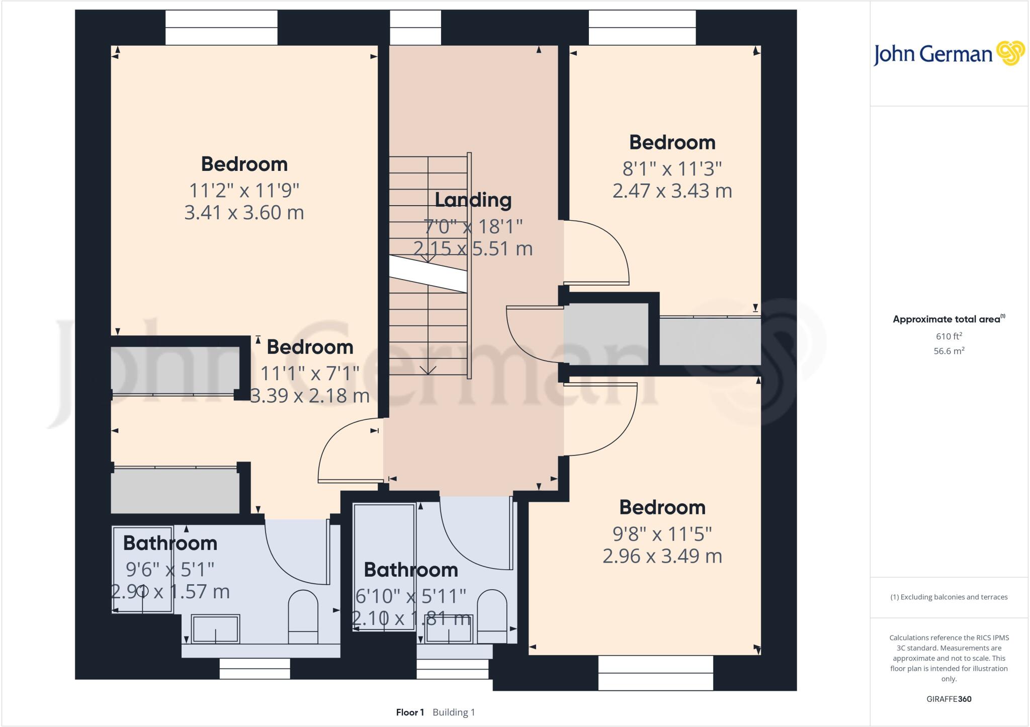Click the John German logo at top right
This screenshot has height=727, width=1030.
[949, 54]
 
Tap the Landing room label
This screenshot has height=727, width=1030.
[473, 200]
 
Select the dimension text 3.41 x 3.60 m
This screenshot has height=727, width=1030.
[244, 213]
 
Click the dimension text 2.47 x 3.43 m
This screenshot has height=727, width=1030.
[672, 191]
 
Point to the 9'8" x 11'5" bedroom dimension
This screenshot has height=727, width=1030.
[662, 533]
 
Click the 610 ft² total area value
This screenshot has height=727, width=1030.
[949, 336]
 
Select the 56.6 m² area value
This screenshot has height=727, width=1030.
[949, 351]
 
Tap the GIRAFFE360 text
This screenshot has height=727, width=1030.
[949, 699]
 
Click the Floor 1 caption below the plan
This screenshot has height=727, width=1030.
[410, 712]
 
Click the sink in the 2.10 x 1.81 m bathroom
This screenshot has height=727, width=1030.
[448, 634]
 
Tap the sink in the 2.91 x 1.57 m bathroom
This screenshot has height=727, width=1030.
[216, 629]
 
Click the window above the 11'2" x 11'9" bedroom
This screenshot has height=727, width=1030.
[221, 28]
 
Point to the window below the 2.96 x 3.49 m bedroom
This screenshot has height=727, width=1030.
[655, 673]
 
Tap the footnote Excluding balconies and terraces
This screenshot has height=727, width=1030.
[949, 597]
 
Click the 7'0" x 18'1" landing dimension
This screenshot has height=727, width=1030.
[473, 227]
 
